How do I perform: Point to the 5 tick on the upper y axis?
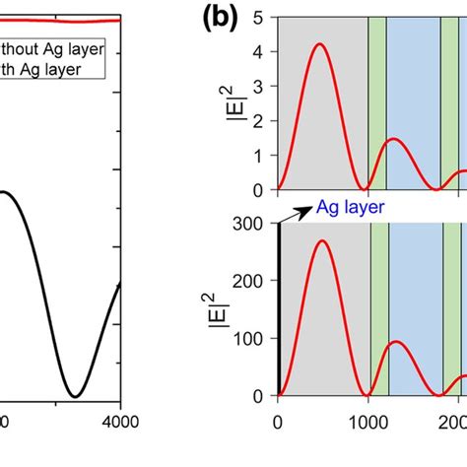[x=258, y=18]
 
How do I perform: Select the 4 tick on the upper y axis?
[x=258, y=52]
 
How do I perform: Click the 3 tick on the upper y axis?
[x=258, y=87]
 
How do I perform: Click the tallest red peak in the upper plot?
[x=318, y=43]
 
